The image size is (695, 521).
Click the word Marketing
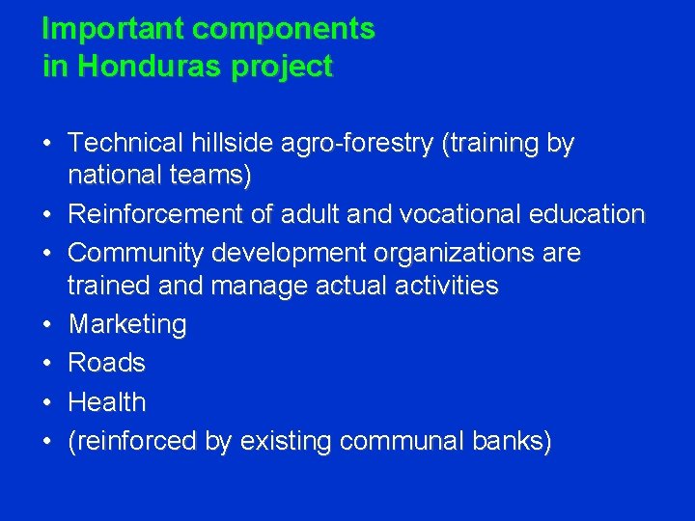[x=126, y=324]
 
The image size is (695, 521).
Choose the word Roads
[x=106, y=363]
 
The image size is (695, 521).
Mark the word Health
[x=107, y=402]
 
